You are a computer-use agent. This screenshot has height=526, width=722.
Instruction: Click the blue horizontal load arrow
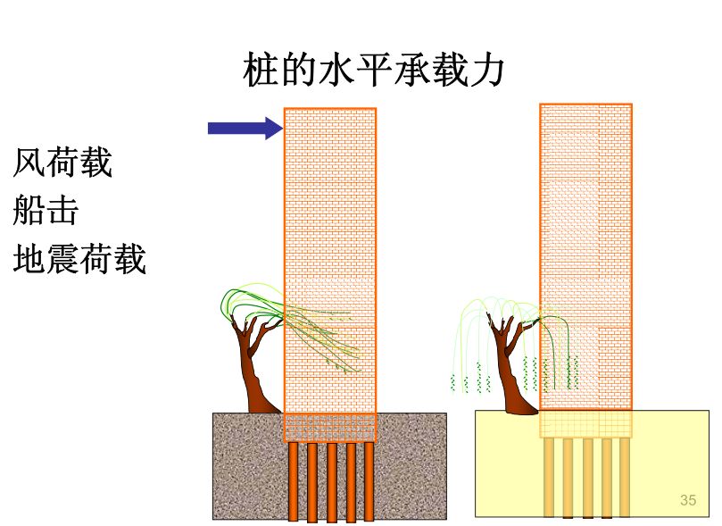[x=241, y=128]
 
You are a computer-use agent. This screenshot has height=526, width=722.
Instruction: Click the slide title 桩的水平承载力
[x=373, y=71]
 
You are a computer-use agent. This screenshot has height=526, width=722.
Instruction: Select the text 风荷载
[x=62, y=163]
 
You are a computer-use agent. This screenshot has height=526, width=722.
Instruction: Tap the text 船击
[x=46, y=211]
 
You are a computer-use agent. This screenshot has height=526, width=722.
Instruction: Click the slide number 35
[x=687, y=500]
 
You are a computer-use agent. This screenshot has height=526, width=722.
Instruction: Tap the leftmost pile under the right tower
[x=547, y=477]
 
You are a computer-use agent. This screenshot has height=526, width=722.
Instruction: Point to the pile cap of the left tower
[x=330, y=427]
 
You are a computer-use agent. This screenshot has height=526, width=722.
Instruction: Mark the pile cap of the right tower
[x=585, y=423]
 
